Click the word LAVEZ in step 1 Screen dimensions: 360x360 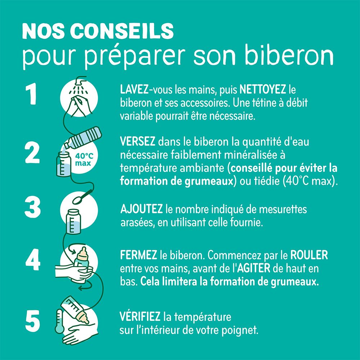click(x=131, y=89)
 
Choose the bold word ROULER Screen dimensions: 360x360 click(x=309, y=255)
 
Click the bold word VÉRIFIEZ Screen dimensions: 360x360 click(x=140, y=317)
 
